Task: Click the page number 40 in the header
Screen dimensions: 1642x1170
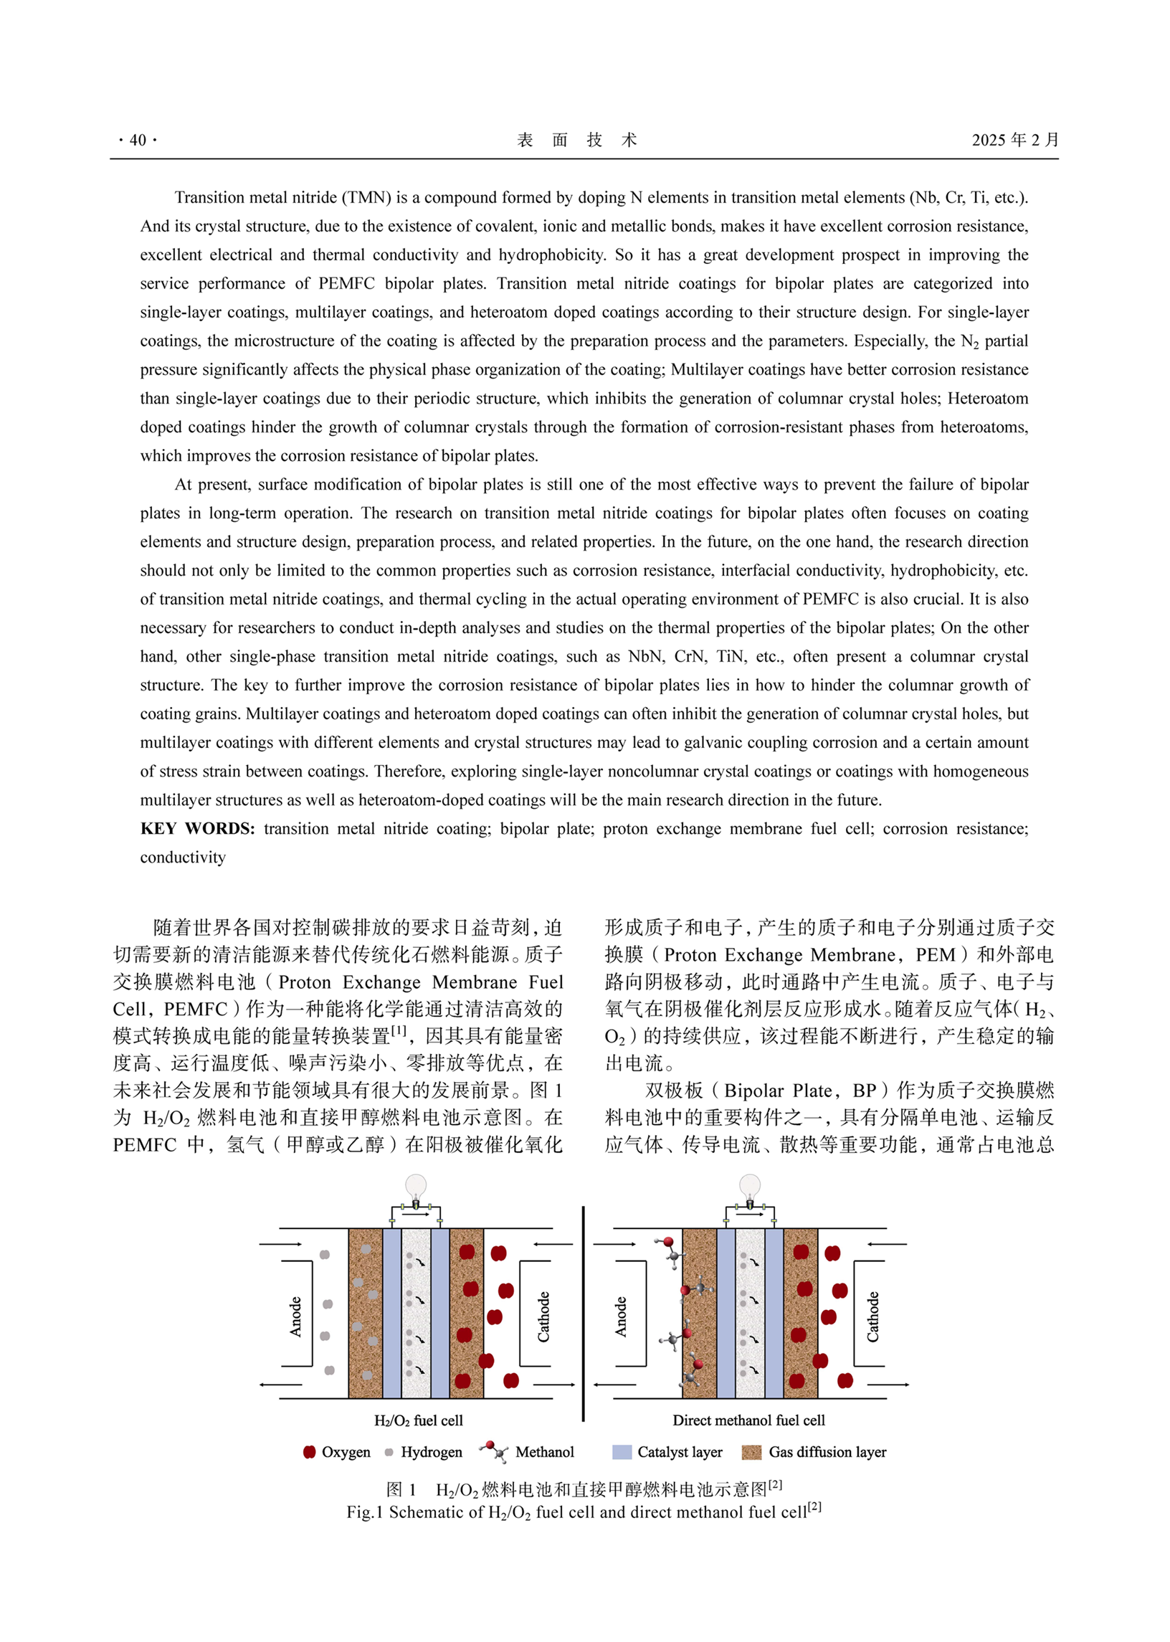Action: pyautogui.click(x=138, y=141)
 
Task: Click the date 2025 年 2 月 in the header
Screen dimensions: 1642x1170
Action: pyautogui.click(x=1014, y=140)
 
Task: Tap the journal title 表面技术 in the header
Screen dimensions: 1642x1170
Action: pyautogui.click(x=576, y=140)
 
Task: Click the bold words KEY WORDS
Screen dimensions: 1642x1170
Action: pyautogui.click(x=197, y=829)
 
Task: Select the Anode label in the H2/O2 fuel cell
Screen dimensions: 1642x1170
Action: pyautogui.click(x=295, y=1317)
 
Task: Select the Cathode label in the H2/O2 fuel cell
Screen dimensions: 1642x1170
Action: pyautogui.click(x=544, y=1316)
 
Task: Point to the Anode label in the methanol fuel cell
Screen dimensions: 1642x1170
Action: pyautogui.click(x=621, y=1317)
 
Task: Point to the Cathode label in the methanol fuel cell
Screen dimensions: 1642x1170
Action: pyautogui.click(x=872, y=1316)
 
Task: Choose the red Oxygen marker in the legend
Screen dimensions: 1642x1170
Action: pyautogui.click(x=310, y=1452)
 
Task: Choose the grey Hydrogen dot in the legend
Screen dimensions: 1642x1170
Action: pyautogui.click(x=389, y=1452)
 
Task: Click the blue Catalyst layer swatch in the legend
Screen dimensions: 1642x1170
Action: pyautogui.click(x=622, y=1452)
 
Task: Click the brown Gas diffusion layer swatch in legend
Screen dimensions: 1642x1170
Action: pyautogui.click(x=751, y=1452)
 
